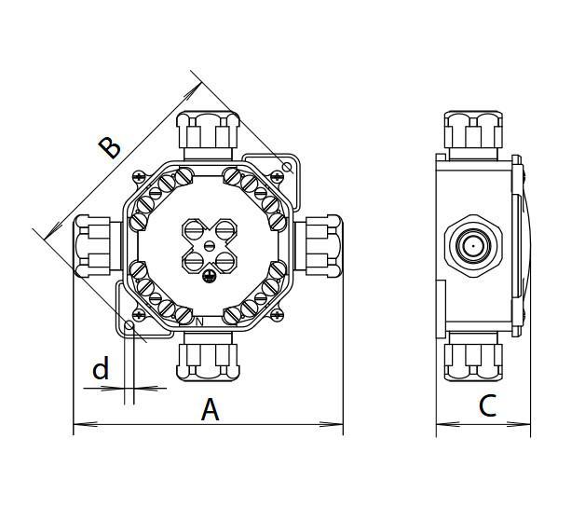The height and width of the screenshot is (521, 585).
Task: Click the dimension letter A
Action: tap(211, 408)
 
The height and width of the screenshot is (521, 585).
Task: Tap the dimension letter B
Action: tap(110, 146)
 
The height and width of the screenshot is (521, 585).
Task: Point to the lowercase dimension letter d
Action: tap(101, 370)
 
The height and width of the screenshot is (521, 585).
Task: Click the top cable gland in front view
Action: tap(209, 131)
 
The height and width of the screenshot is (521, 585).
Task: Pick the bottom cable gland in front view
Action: tap(209, 354)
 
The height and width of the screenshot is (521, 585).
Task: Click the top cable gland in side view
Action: tap(474, 132)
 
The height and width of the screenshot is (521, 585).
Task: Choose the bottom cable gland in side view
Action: tap(474, 356)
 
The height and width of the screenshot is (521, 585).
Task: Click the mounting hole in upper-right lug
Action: tap(287, 167)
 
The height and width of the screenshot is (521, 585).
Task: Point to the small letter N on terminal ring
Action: tap(198, 322)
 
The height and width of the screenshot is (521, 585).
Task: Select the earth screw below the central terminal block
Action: tap(211, 274)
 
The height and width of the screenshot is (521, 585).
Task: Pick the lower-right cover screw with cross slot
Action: tap(278, 316)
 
